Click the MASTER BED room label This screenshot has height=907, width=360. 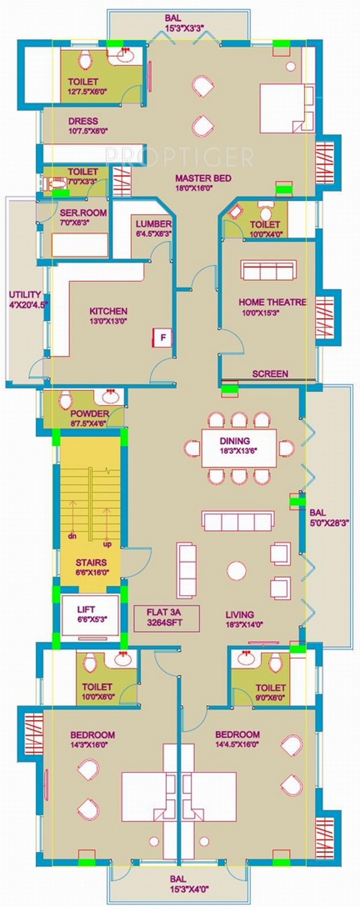[203, 178]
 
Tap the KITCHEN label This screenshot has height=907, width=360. [108, 311]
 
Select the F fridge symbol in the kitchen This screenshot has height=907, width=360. [162, 338]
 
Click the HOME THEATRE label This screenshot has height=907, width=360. [273, 302]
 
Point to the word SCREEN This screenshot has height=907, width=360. [270, 374]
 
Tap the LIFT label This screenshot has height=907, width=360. [86, 610]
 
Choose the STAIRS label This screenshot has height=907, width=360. [91, 562]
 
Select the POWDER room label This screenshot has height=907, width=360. [90, 414]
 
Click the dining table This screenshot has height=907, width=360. [239, 448]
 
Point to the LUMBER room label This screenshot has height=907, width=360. [153, 224]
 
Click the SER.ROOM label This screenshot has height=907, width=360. [83, 213]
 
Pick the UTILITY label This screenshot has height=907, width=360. [25, 295]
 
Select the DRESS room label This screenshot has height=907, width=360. [83, 121]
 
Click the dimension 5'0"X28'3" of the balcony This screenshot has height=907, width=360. [329, 522]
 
